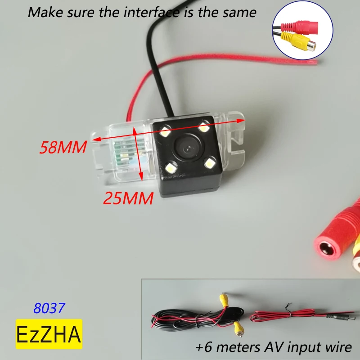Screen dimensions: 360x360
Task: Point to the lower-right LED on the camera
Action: (x=210, y=162)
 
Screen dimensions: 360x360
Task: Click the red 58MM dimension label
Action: (x=63, y=148)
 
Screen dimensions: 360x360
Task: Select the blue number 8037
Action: (x=49, y=308)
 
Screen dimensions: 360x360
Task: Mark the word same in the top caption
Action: (x=240, y=12)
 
